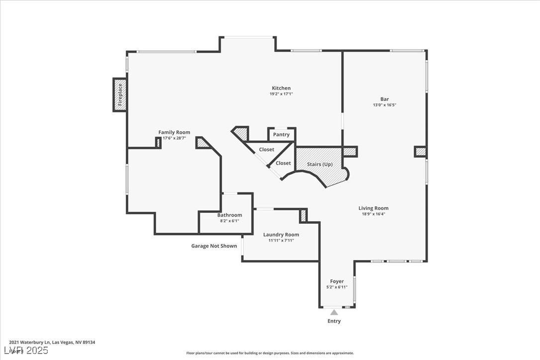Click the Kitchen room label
point(281,89)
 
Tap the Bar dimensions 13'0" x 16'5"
point(384,105)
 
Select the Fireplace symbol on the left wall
point(120,94)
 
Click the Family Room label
point(174,132)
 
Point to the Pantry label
point(281,135)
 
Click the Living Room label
point(373,208)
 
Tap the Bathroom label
point(229,215)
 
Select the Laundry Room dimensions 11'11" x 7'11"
point(281,241)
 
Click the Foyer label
point(337,281)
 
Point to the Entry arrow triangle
point(334,312)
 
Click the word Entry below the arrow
point(334,321)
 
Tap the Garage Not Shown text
point(214,246)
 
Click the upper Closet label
point(266,150)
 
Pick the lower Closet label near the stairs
point(283,163)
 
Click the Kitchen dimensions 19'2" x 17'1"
point(281,94)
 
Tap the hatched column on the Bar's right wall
point(420,151)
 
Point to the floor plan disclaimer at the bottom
point(270,353)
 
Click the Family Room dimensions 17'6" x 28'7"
point(174,138)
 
